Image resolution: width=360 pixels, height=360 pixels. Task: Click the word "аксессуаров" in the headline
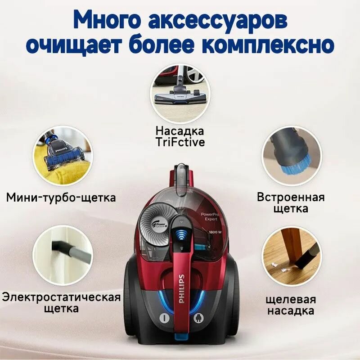pyautogui.click(x=218, y=22)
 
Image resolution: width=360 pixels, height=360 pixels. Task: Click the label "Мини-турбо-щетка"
pyautogui.click(x=61, y=197)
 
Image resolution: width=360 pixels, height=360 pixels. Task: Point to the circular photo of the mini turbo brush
pyautogui.click(x=63, y=156)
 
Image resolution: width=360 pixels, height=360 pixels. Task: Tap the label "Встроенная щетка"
pyautogui.click(x=291, y=203)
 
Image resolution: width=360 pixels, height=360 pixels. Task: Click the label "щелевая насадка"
pyautogui.click(x=291, y=305)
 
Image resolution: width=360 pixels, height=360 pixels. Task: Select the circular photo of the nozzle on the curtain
pyautogui.click(x=63, y=255)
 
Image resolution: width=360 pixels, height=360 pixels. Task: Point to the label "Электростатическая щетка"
pyautogui.click(x=61, y=302)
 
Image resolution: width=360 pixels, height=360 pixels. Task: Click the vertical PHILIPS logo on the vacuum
pyautogui.click(x=181, y=288)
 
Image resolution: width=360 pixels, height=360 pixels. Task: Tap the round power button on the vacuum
pyautogui.click(x=164, y=318)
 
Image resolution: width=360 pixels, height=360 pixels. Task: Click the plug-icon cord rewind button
pyautogui.click(x=198, y=318)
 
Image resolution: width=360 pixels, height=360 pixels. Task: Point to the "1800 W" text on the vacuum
pyautogui.click(x=215, y=232)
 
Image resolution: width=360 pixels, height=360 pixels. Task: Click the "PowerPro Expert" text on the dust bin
pyautogui.click(x=210, y=217)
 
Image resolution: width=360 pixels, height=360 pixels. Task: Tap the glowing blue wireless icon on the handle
pyautogui.click(x=182, y=236)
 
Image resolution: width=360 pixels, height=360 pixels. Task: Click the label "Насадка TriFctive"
pyautogui.click(x=180, y=136)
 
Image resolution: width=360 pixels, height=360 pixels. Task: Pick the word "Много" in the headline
pyautogui.click(x=108, y=22)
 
